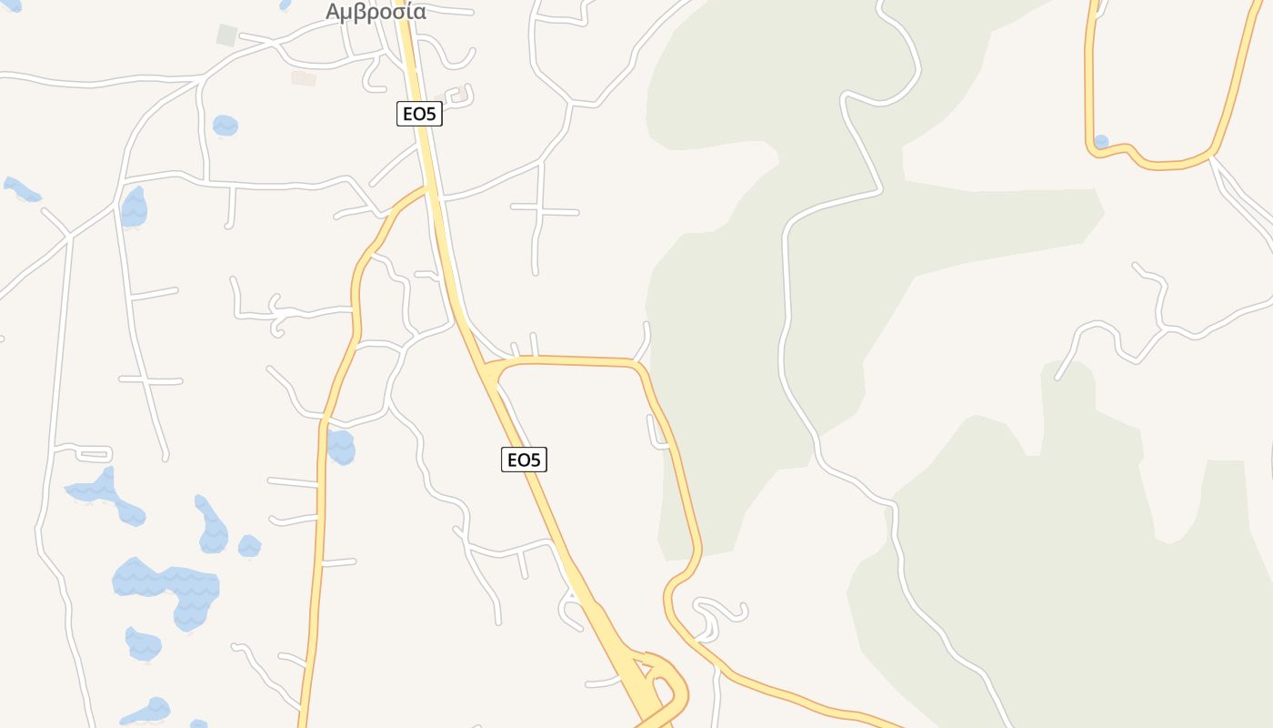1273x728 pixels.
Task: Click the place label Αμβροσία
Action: click(376, 12)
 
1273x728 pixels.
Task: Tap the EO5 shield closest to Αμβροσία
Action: click(419, 114)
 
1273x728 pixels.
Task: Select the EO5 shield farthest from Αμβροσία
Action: click(524, 460)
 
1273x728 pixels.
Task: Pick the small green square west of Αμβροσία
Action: click(226, 35)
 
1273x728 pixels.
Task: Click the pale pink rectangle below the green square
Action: click(303, 78)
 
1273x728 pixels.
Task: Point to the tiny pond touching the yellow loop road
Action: click(1101, 141)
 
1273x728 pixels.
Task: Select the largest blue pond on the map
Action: click(168, 587)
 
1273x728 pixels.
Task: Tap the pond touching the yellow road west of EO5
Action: click(341, 447)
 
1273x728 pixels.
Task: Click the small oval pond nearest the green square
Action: click(225, 125)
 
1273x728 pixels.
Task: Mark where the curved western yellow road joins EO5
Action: click(427, 187)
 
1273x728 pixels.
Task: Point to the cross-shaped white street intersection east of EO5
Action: click(541, 211)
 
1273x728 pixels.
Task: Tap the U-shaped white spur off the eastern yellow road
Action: click(658, 435)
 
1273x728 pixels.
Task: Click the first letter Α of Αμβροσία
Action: click(334, 12)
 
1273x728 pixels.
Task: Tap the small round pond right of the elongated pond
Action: click(249, 546)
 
